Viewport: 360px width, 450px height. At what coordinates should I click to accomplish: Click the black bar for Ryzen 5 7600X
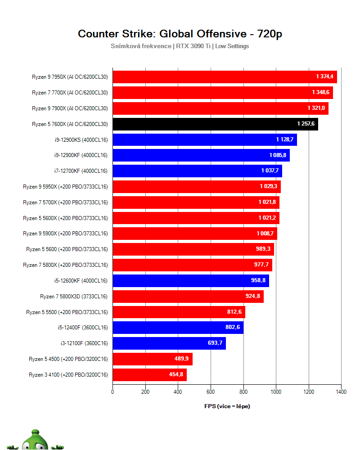coord(215,124)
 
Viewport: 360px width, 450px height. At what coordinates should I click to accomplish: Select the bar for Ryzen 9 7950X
coord(225,77)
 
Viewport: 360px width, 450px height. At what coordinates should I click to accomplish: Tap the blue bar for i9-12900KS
coord(204,139)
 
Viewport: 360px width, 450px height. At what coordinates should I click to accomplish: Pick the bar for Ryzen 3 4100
coord(149,374)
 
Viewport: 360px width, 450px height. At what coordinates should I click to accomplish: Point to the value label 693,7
coord(215,343)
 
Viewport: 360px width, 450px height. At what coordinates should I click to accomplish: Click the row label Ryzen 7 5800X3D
coord(74,296)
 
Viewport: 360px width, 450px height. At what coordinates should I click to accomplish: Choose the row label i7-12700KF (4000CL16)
coord(81,171)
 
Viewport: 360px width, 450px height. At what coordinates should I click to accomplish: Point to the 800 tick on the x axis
coord(243,392)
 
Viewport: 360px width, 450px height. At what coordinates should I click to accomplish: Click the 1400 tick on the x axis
coord(341,392)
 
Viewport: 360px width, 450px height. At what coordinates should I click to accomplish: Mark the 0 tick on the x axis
coord(112,392)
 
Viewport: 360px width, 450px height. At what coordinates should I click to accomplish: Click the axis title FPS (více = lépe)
coord(227,406)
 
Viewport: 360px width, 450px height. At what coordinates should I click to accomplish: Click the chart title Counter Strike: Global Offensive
coord(180,34)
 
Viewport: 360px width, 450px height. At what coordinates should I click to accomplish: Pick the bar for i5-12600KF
coord(190,281)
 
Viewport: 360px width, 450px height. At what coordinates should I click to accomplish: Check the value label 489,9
coord(181,359)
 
